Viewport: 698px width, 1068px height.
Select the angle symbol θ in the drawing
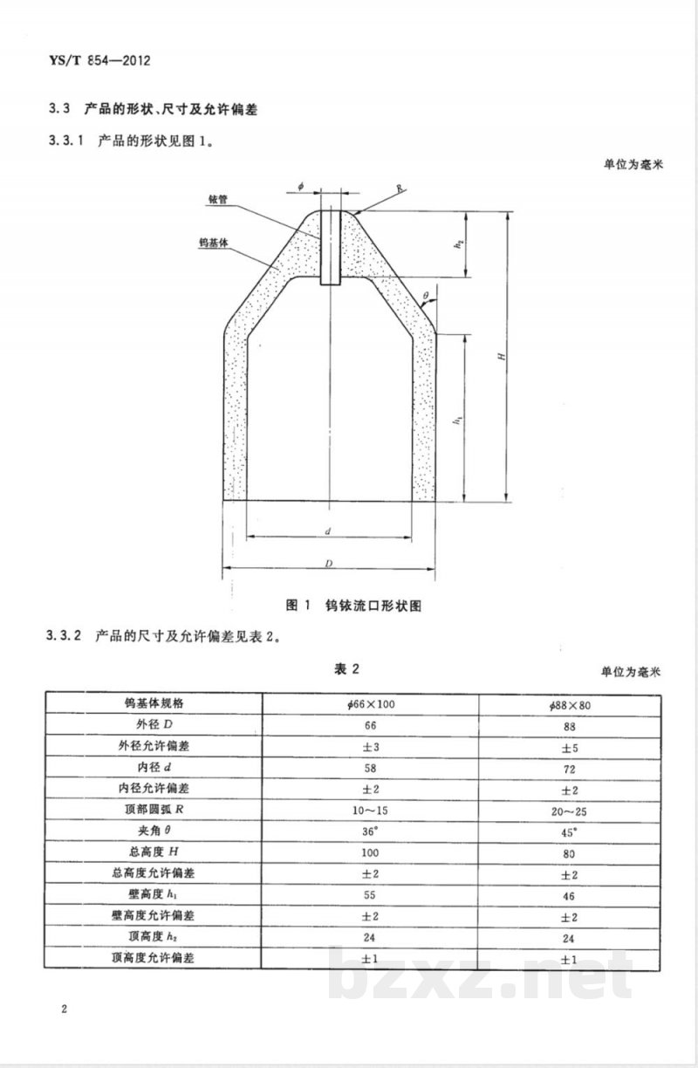425,298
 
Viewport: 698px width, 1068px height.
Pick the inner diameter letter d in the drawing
328,531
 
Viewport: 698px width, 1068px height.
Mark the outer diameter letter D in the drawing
329,565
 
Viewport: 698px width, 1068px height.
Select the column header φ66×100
371,702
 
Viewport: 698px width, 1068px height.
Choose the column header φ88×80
570,703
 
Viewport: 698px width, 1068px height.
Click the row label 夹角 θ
154,832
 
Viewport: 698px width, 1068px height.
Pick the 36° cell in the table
371,832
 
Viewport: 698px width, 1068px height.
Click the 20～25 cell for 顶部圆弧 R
570,811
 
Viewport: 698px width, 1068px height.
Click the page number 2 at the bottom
65,1010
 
